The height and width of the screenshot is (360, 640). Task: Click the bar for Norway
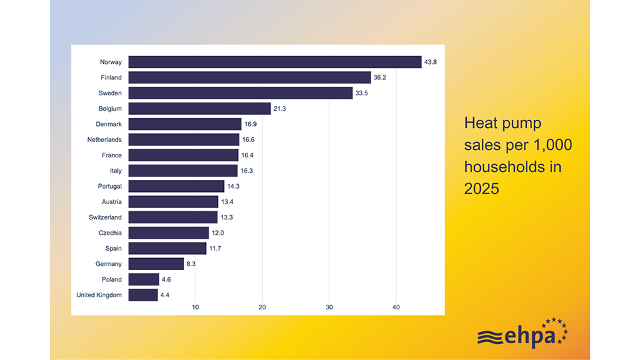point(275,62)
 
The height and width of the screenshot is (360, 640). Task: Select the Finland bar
point(249,77)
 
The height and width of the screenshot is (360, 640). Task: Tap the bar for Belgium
point(199,109)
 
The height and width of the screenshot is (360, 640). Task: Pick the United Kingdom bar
point(143,295)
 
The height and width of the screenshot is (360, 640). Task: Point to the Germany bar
point(156,264)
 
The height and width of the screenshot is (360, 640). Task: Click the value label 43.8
point(431,62)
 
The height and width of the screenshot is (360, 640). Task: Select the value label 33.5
point(362,93)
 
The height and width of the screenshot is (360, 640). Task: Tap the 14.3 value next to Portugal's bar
point(233,186)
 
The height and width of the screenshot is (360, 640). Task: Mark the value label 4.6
point(167,279)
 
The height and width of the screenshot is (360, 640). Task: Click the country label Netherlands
point(105,140)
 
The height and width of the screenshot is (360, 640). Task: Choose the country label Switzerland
point(105,217)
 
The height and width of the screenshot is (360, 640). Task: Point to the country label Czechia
point(110,233)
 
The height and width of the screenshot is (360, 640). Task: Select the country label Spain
point(113,248)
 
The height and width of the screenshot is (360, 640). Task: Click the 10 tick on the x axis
point(195,307)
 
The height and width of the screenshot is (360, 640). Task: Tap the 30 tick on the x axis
point(329,307)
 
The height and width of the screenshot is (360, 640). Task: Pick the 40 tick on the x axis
point(396,307)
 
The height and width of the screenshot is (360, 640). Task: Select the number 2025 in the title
point(481,189)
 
